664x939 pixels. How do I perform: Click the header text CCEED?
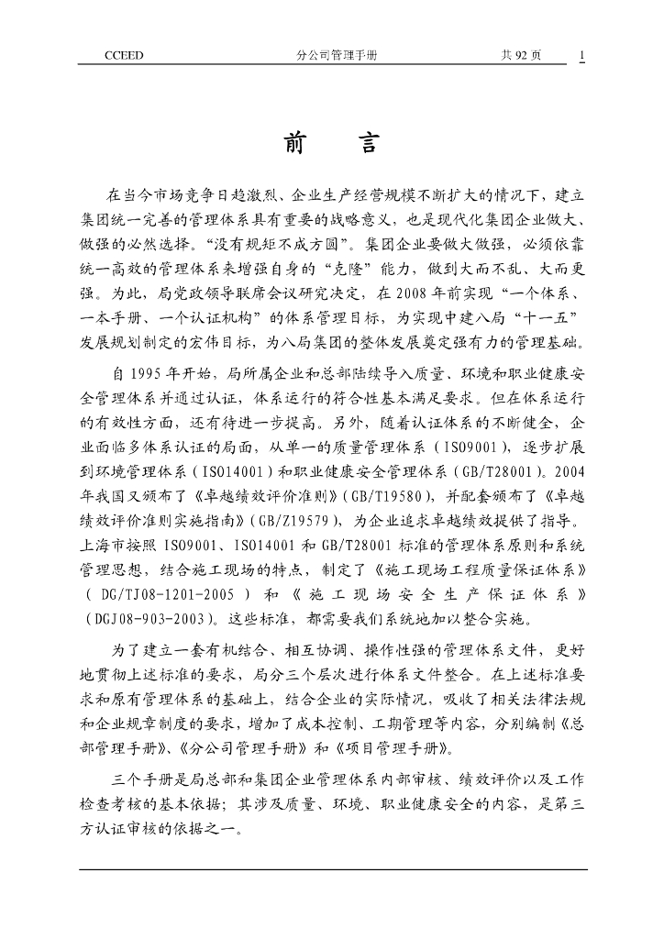pos(124,56)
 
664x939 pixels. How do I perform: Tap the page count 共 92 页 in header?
pos(520,56)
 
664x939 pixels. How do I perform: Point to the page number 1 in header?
pos(581,56)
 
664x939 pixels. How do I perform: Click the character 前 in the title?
pos(295,143)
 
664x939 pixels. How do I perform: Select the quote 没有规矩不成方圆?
pos(274,246)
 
